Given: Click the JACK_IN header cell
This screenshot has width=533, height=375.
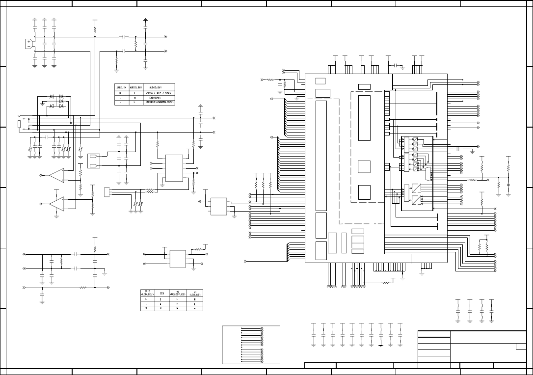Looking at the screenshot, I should tap(121, 87).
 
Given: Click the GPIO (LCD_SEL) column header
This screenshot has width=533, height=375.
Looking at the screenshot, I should tap(148, 293).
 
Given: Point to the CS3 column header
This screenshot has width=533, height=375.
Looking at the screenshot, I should tap(161, 293).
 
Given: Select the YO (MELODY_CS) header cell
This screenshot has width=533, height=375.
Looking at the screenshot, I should tap(178, 293).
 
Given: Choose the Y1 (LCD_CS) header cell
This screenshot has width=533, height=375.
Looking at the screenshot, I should tap(195, 293).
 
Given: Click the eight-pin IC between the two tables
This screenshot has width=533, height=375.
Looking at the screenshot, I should tap(174, 168).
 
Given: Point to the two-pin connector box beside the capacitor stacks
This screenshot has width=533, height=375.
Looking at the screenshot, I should tap(94, 161).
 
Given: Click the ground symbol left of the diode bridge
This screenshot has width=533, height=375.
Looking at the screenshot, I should tap(43, 104).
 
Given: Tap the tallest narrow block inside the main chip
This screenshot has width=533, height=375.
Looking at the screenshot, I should tap(321, 154).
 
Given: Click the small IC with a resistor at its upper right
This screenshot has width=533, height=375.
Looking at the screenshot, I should tap(178, 258).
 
